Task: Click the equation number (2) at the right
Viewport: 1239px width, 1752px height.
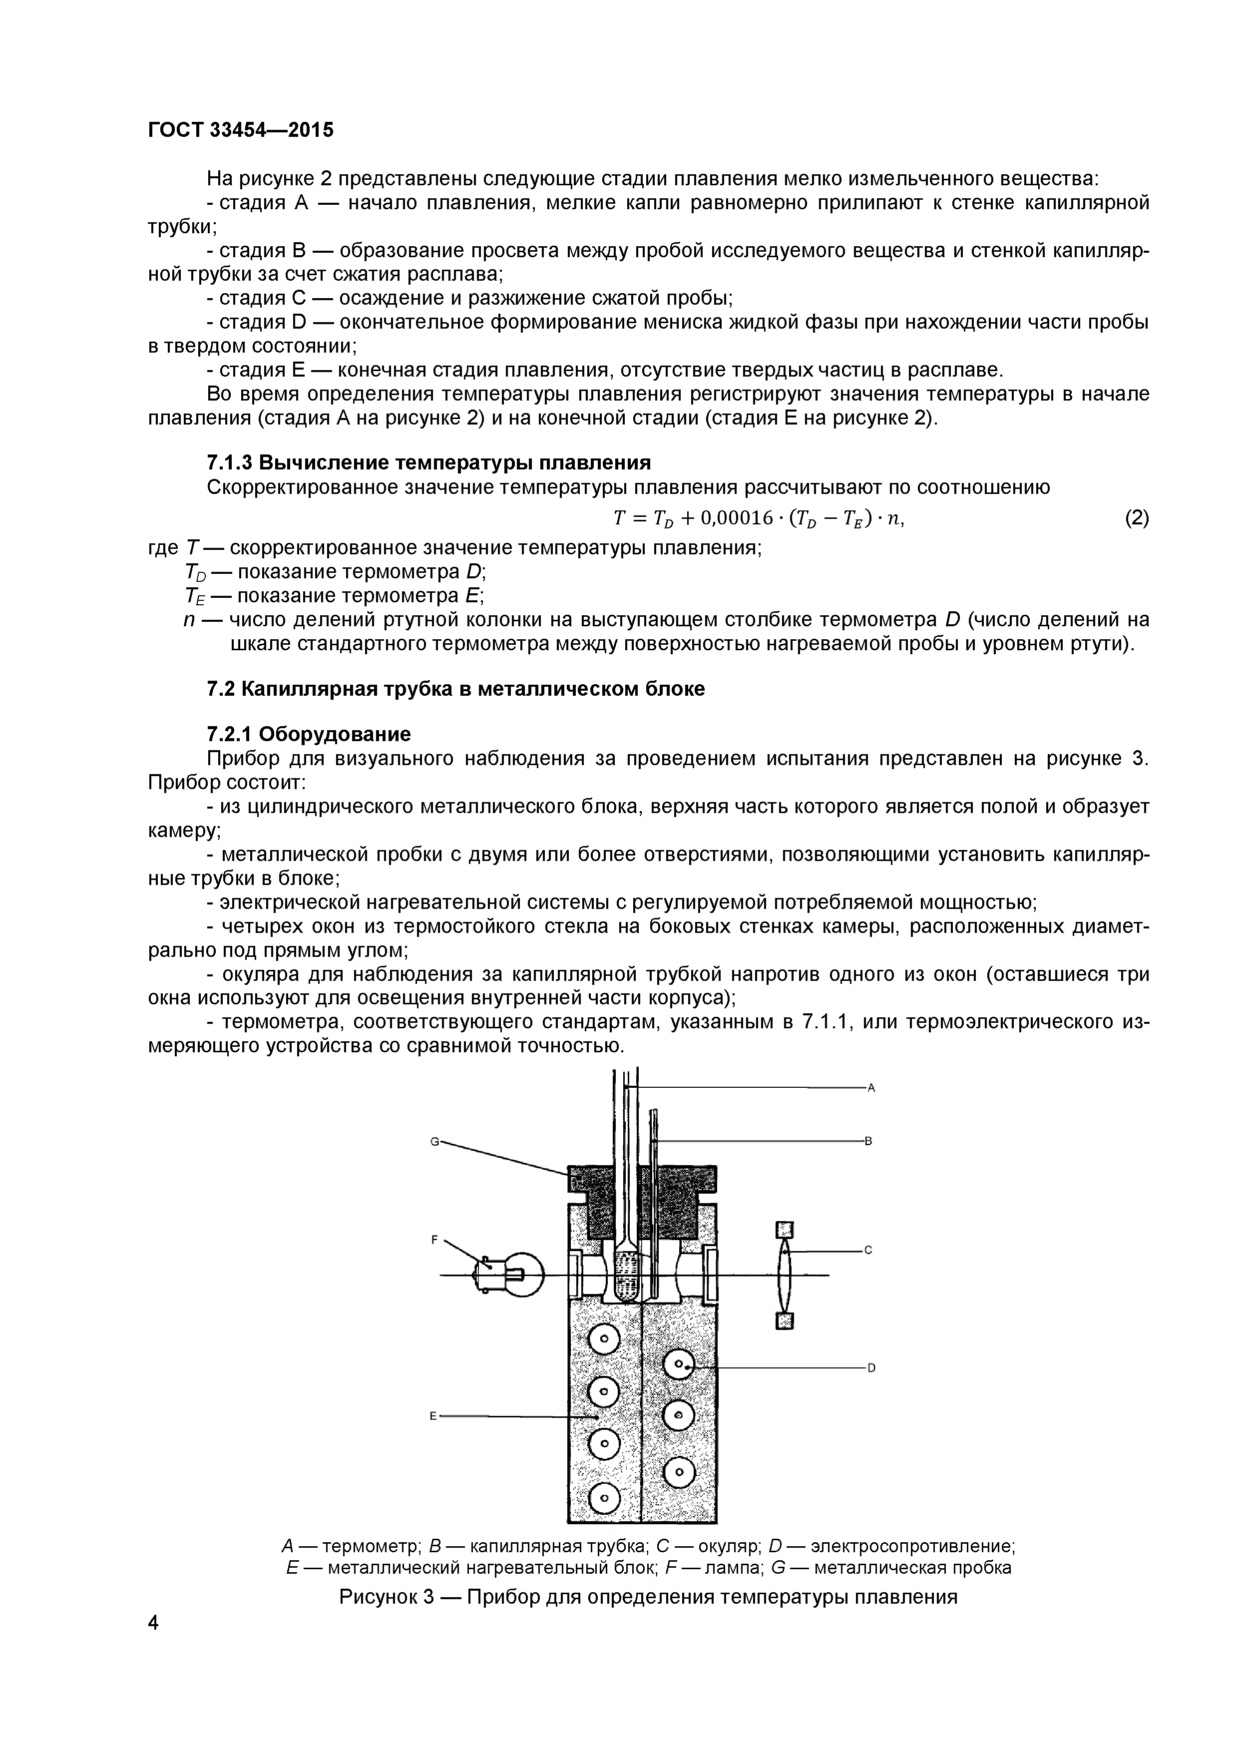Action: point(1136,518)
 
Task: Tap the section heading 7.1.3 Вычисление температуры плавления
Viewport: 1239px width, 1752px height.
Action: point(429,462)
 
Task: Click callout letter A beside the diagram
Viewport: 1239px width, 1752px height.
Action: point(870,1088)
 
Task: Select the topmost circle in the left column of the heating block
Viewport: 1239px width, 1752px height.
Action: point(605,1337)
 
